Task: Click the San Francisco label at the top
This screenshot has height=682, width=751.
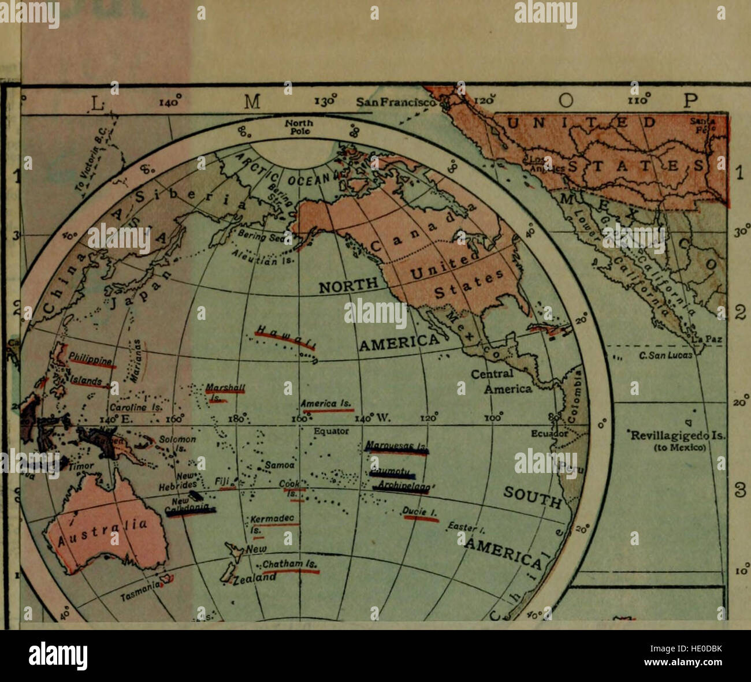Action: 396,102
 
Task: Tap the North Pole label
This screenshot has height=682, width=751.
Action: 299,127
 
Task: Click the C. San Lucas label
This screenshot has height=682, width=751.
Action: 665,356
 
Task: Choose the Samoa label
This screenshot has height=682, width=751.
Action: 280,464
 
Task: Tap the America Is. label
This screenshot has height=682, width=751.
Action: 326,404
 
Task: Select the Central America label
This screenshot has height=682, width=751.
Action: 501,382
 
